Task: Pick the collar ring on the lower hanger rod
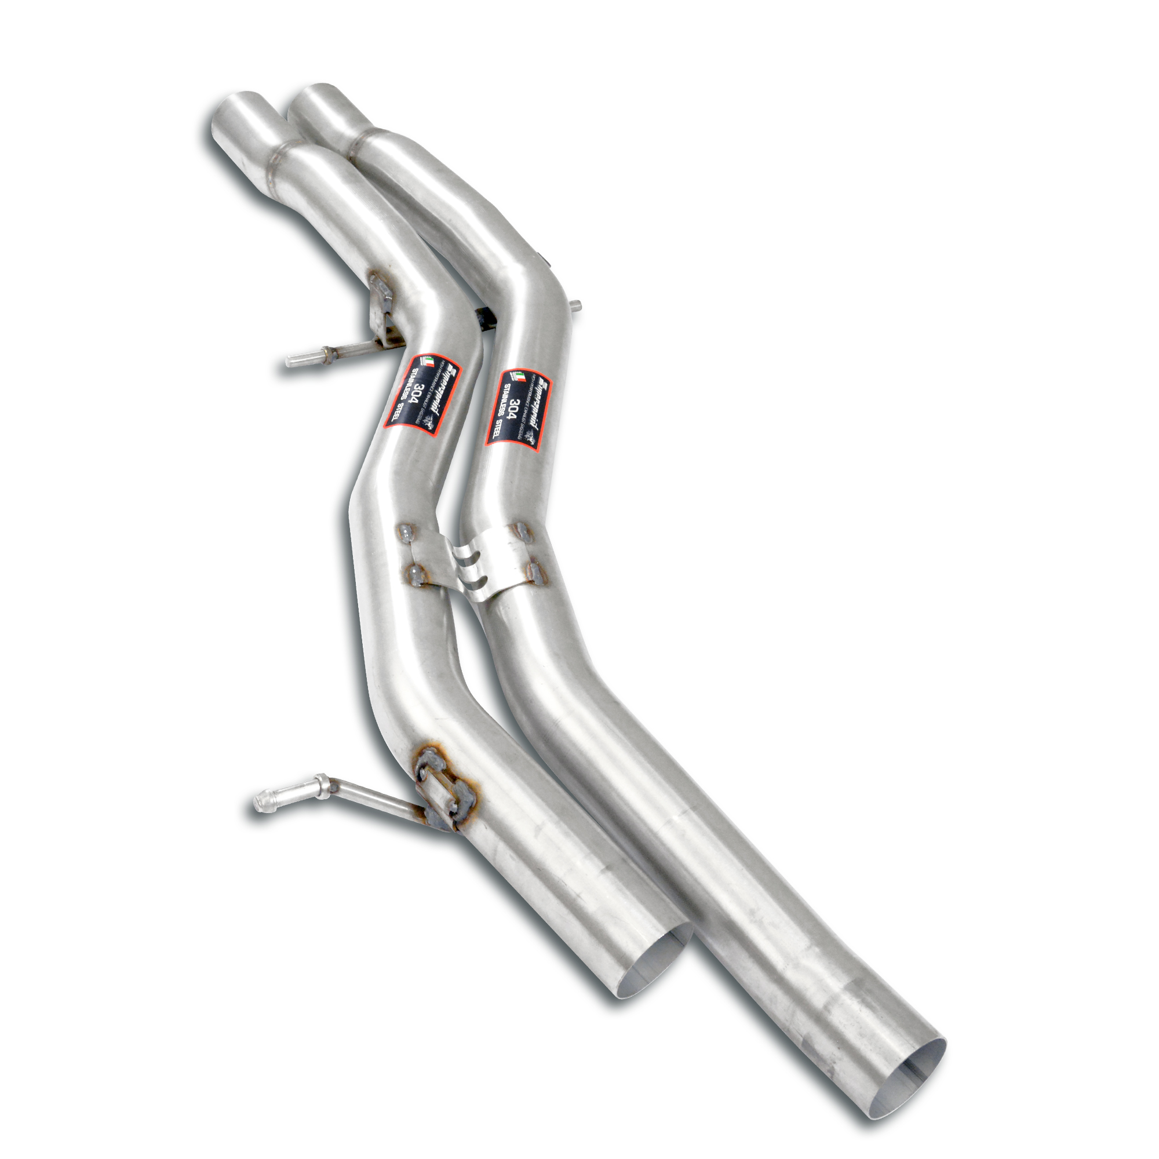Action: pos(322,782)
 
